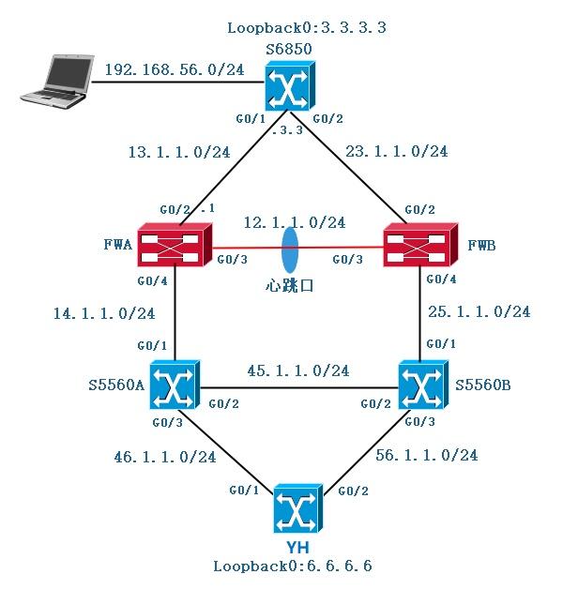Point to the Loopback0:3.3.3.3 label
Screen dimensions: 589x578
(306, 27)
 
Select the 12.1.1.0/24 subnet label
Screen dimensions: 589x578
(294, 222)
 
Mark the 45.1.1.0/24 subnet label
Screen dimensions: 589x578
(298, 370)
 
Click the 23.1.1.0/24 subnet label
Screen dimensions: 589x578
(397, 150)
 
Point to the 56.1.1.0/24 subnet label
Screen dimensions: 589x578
(427, 455)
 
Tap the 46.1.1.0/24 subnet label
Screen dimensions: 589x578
(165, 458)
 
